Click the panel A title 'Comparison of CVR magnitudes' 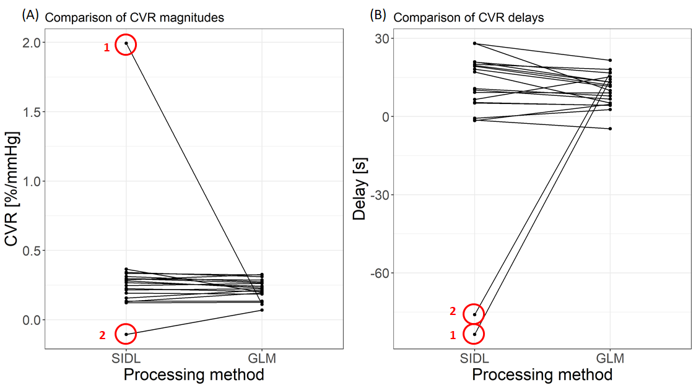coord(134,17)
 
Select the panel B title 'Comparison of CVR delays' coord(468,17)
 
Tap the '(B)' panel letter coord(378,16)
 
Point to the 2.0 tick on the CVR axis coord(32,43)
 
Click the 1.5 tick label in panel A coord(32,112)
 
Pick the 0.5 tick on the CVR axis coord(32,251)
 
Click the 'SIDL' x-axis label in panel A coord(126,358)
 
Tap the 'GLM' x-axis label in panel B coord(610,358)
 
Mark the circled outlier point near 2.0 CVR coord(126,43)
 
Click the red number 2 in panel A coord(103,335)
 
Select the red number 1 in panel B coord(453,335)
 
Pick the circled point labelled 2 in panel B coord(474,314)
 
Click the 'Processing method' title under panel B coord(542,374)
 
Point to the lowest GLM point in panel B coord(610,129)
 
